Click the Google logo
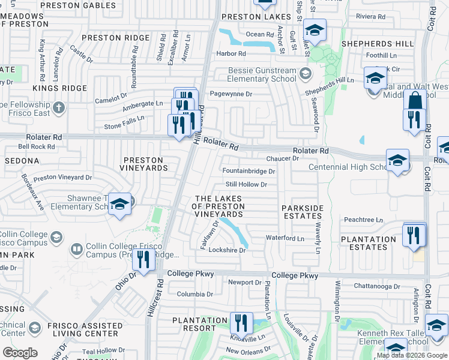tap(20, 353)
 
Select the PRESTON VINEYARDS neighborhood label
tap(143, 164)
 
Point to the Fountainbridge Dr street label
tap(249, 171)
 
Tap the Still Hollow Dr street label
tap(246, 184)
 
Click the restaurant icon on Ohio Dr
tap(143, 259)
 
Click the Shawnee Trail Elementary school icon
tap(120, 205)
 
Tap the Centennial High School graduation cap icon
tap(397, 160)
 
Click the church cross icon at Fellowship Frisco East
tap(58, 108)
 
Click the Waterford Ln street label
tap(286, 238)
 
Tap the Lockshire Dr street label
tap(228, 250)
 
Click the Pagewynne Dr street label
tap(231, 94)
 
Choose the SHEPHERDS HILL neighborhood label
tap(378, 44)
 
